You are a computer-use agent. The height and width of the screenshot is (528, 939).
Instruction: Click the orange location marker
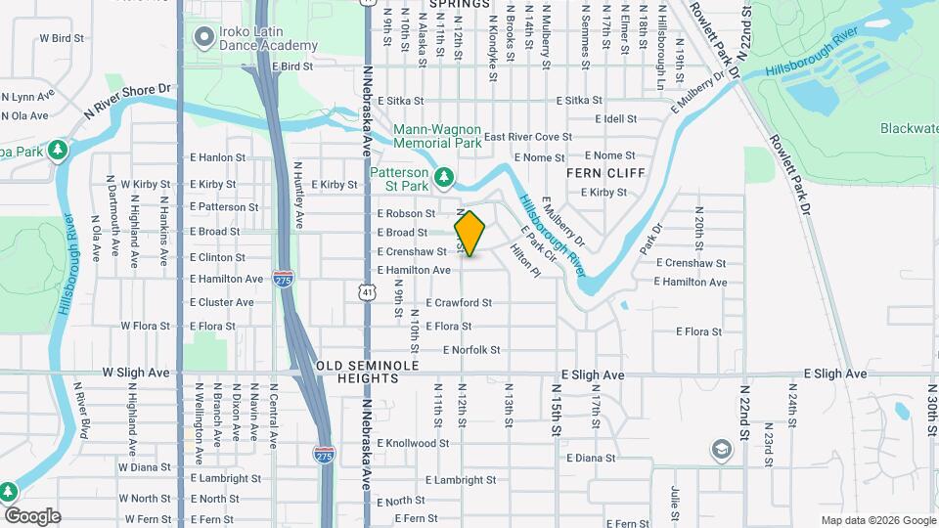(469, 234)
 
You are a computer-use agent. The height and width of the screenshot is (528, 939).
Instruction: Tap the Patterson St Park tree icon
(445, 176)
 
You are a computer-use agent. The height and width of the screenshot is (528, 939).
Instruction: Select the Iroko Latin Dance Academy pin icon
(204, 38)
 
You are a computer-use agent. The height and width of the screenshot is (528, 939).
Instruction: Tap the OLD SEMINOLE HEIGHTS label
(368, 372)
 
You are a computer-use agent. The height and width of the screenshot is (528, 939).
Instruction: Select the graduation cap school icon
(722, 449)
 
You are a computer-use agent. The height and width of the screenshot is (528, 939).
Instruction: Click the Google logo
(32, 516)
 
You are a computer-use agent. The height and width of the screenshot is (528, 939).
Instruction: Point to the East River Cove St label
(527, 137)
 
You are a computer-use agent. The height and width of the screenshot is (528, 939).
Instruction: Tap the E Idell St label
(617, 118)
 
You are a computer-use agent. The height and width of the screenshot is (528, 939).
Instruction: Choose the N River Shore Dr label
(127, 100)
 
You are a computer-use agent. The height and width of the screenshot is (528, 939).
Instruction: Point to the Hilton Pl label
(524, 260)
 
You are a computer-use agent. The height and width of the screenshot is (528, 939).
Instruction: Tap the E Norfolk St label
(471, 350)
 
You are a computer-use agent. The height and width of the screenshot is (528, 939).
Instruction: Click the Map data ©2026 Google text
(877, 520)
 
